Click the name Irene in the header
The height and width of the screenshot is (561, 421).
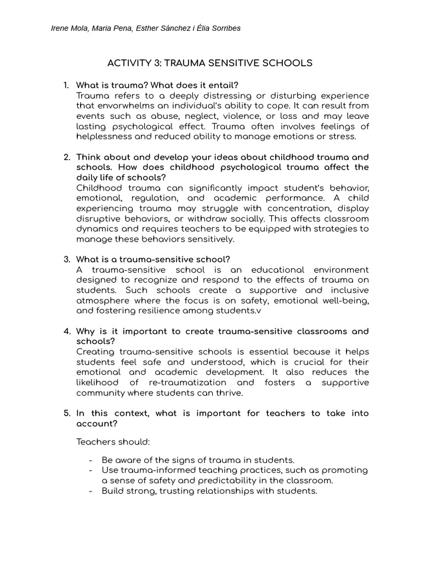(x=60, y=28)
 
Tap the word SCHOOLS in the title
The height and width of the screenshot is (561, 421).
(x=288, y=63)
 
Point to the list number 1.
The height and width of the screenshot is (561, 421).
(x=66, y=85)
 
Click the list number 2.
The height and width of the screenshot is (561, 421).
(x=66, y=157)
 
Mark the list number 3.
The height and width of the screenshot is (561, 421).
(x=66, y=259)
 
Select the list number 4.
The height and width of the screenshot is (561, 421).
(x=66, y=331)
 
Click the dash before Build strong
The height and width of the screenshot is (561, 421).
(x=90, y=491)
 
